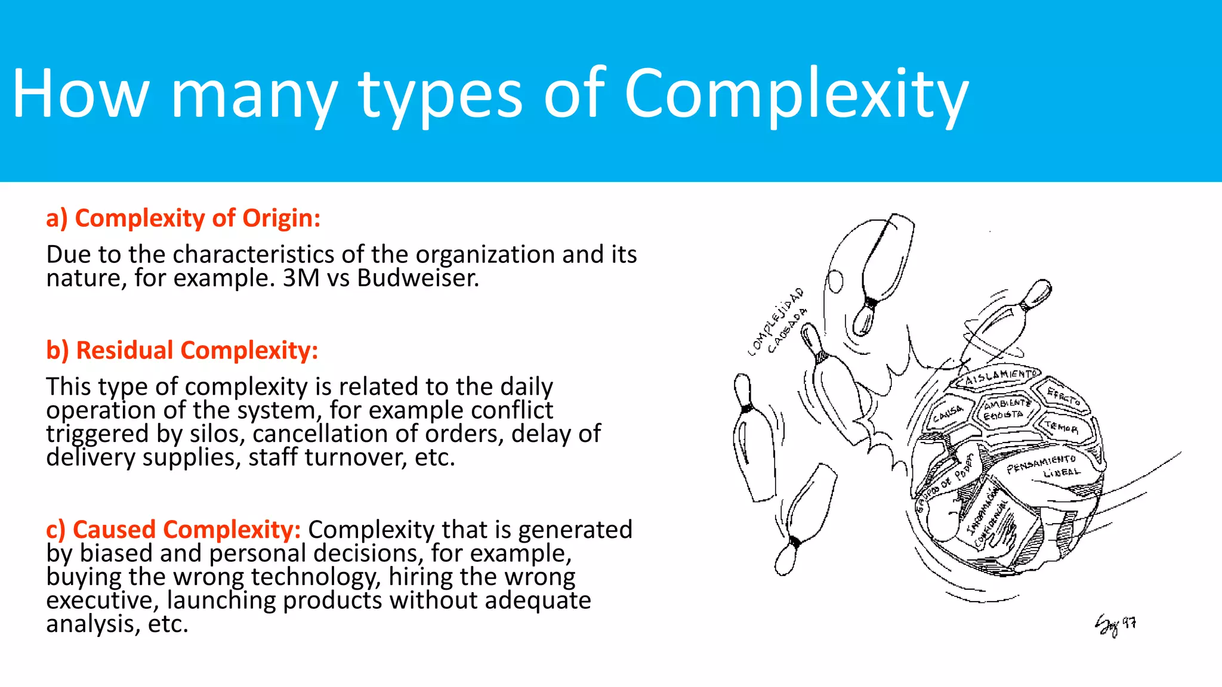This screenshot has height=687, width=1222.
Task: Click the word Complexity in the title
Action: tap(796, 95)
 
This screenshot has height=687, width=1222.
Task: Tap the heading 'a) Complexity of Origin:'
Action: tap(183, 218)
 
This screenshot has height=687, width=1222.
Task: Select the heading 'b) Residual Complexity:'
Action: tap(182, 350)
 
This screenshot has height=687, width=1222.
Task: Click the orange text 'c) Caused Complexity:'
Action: tap(173, 530)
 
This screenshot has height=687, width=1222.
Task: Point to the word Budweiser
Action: tap(418, 278)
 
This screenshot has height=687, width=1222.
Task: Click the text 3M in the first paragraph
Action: tap(301, 278)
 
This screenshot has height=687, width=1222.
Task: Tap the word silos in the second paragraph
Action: tap(217, 434)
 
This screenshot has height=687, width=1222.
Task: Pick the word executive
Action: tap(102, 601)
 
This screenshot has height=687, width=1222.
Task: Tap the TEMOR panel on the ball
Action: tap(1062, 427)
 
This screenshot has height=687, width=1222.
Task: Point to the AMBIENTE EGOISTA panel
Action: tap(1006, 409)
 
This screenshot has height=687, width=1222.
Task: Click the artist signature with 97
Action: tap(1115, 625)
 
